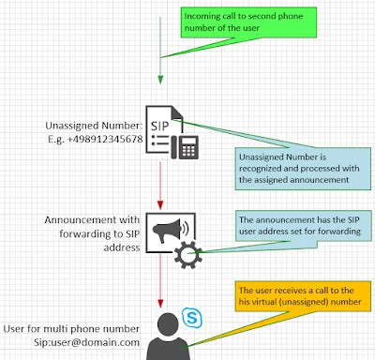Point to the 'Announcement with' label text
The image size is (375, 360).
[x=89, y=220]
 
